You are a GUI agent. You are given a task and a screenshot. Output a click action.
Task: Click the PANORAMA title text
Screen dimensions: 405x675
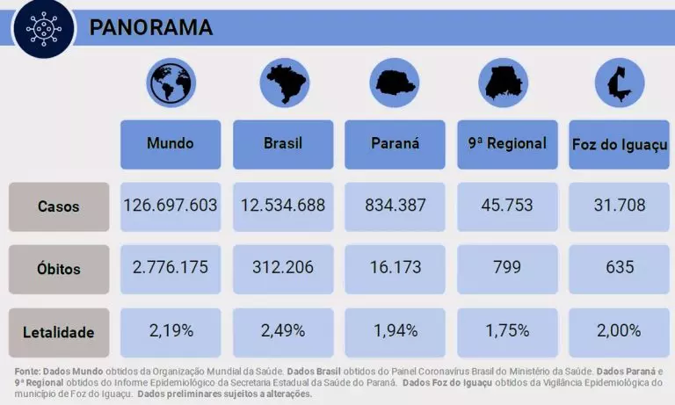coord(151,27)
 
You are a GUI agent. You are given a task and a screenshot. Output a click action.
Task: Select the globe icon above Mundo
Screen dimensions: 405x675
coord(171,83)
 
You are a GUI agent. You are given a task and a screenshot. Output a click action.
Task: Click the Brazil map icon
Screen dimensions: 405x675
coord(284,83)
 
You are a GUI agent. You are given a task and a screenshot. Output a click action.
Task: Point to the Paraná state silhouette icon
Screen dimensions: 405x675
coord(395,83)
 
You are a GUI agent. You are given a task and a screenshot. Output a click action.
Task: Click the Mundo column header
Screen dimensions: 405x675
coord(171,143)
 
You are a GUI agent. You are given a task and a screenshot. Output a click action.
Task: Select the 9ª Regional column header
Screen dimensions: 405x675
coord(507,143)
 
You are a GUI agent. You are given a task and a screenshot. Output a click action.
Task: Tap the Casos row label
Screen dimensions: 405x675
coord(59,207)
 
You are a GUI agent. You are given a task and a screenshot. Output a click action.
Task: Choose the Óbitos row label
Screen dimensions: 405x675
coord(59,267)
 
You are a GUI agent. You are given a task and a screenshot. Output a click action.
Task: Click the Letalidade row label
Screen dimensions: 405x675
coord(59,332)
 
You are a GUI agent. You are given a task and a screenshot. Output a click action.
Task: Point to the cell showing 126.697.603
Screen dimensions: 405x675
coord(171,206)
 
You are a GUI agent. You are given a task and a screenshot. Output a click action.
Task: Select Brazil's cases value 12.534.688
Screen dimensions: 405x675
coord(283,206)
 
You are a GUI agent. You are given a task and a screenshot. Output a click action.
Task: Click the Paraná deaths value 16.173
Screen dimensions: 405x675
coord(395,267)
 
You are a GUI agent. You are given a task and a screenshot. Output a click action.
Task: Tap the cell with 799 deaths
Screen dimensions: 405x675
coord(507,267)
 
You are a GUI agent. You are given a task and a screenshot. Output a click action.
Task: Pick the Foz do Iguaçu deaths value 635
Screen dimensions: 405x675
coord(620,267)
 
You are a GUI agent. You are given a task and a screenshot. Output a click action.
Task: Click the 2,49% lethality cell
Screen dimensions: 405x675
coord(283,331)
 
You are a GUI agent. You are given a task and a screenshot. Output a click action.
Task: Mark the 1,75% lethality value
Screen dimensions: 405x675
coord(507,331)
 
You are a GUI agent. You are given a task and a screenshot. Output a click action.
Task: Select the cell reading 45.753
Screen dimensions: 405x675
coord(507,206)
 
